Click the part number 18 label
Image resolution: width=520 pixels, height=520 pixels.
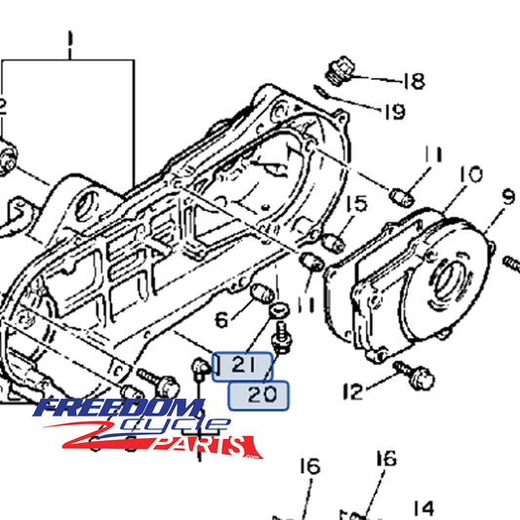click(413, 81)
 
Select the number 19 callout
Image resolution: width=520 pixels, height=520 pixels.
click(392, 112)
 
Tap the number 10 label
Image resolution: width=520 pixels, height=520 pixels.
click(469, 175)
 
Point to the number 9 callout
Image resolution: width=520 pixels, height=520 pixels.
click(507, 196)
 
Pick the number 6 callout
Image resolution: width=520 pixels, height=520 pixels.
click(221, 318)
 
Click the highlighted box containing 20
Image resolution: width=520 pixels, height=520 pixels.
click(258, 394)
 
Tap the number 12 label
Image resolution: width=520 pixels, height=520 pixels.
click(352, 392)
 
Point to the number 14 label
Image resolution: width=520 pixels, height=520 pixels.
click(422, 507)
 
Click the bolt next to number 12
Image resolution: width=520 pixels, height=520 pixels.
click(402, 370)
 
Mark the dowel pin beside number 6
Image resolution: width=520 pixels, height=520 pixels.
click(260, 293)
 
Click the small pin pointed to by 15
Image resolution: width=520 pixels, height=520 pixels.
click(331, 240)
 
